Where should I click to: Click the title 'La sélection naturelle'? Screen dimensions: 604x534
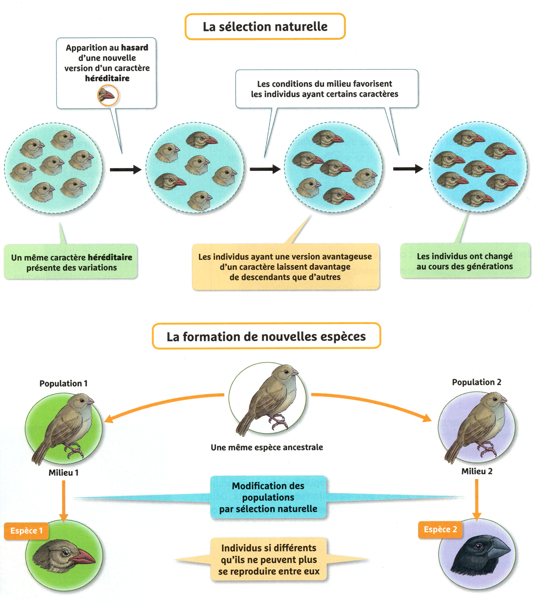coord(265,27)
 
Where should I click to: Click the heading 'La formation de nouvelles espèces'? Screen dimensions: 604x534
coord(266,336)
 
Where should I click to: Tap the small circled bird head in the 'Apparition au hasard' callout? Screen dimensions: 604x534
coord(108,95)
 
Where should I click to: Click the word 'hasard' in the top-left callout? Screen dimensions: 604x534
coord(134,47)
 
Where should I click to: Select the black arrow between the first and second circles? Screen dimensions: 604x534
coord(125,170)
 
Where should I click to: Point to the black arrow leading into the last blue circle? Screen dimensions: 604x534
coord(407,169)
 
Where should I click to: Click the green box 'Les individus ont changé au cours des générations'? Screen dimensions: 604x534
coord(465,261)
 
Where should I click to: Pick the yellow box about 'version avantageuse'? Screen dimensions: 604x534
coord(285,267)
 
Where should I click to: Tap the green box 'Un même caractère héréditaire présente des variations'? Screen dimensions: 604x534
coord(71,262)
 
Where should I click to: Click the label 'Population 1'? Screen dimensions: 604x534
coord(63,383)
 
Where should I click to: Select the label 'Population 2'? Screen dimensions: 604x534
coord(477,382)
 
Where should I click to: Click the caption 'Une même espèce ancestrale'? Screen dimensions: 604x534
coord(267,447)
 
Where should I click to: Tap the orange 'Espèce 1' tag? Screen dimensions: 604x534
coord(26,531)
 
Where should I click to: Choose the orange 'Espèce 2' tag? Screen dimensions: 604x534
coord(440,529)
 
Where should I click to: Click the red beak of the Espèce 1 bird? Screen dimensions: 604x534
coord(84,557)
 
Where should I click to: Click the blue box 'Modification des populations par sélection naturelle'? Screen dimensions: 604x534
coord(268,497)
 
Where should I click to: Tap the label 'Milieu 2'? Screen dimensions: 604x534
coord(477,471)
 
